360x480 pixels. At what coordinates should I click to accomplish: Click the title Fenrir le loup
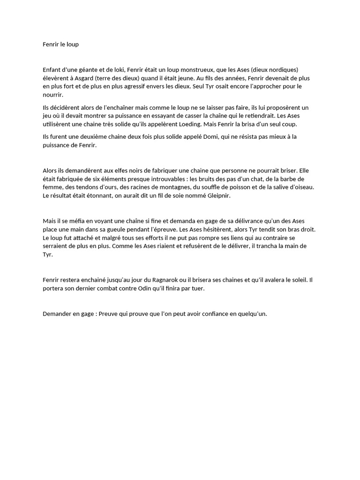(60, 45)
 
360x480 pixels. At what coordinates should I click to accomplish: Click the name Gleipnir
(217, 196)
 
